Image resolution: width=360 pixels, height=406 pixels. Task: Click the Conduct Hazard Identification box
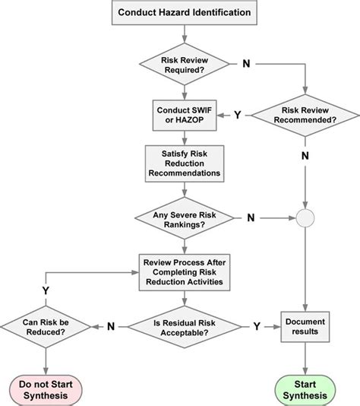185,12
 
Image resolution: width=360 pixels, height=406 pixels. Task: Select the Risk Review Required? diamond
185,64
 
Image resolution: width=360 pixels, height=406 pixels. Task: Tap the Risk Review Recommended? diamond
305,116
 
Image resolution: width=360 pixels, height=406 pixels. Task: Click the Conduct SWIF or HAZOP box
185,116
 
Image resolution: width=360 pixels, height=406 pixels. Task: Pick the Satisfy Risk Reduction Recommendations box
185,163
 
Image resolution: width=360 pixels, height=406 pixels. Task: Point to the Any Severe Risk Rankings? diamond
185,218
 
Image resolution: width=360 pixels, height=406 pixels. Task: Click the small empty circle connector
305,218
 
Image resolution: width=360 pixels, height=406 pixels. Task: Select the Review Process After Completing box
185,272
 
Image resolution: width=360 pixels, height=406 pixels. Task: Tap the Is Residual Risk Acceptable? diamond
185,327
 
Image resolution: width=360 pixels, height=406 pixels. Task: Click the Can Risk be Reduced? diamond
46,327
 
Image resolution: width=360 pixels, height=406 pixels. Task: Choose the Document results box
305,327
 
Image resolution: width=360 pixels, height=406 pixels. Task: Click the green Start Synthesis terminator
305,391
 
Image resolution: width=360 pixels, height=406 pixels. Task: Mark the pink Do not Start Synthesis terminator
46,391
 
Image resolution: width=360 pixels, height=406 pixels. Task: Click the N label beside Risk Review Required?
247,64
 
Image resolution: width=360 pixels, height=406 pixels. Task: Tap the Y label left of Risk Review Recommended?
238,115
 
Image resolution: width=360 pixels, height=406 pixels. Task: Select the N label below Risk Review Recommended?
305,156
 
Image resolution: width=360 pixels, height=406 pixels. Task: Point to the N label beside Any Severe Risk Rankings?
251,217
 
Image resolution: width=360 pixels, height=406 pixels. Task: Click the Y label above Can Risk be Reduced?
46,290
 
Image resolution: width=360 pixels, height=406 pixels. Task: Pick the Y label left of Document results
257,326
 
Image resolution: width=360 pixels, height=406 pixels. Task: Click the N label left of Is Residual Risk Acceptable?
111,326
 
